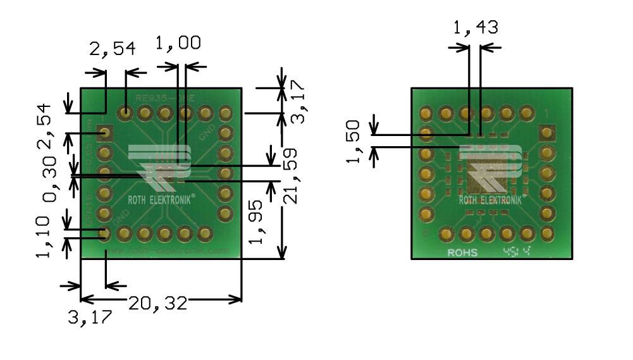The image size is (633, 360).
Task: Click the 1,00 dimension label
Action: [178, 43]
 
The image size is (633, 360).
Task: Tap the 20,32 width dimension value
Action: [158, 303]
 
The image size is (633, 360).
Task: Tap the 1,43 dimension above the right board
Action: [476, 28]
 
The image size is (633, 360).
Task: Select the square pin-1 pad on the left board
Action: [105, 133]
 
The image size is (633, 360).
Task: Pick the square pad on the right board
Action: [546, 133]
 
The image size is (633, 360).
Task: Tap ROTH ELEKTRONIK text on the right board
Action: [491, 200]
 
